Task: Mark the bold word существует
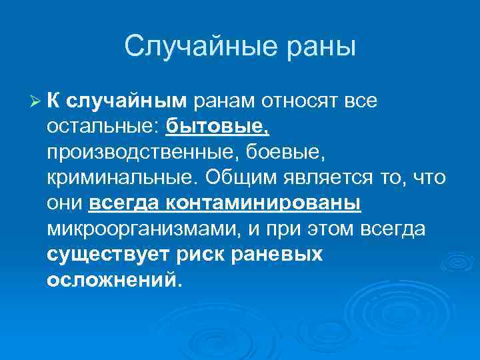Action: (109, 255)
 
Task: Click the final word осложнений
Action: (112, 280)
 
